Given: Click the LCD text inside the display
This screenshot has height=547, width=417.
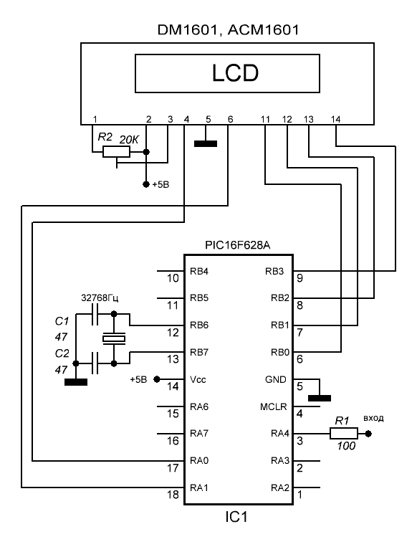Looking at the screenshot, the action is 235,73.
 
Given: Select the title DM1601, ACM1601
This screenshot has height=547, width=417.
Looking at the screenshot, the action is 229,30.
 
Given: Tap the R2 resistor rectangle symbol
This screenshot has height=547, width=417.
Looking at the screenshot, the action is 117,152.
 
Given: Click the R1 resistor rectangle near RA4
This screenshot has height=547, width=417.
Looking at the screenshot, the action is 344,434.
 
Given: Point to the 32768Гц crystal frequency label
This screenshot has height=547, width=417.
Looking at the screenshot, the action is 100,298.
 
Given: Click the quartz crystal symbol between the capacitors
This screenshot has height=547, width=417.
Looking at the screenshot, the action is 114,338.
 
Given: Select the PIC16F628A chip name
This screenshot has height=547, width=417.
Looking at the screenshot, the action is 237,246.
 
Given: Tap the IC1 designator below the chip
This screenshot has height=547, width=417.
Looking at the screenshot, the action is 236,517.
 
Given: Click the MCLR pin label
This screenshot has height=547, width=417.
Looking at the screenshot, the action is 274,406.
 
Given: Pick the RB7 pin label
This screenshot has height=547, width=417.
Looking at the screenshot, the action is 199,352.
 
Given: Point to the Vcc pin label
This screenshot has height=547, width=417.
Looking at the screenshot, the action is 198,379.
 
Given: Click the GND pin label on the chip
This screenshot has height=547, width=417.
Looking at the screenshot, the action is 275,379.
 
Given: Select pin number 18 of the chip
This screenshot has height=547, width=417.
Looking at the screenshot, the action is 173,495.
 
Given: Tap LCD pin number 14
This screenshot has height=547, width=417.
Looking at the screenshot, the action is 335,120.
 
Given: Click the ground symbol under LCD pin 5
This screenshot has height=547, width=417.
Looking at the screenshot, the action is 206,143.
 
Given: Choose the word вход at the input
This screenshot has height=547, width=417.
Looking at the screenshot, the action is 373,418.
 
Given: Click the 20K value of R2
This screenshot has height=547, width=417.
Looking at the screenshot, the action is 129,141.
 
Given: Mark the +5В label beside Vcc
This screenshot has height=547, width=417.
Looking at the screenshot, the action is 139,379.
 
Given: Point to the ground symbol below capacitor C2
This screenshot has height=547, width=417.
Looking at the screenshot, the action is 76,382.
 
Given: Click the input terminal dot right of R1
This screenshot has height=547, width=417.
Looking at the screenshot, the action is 368,434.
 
